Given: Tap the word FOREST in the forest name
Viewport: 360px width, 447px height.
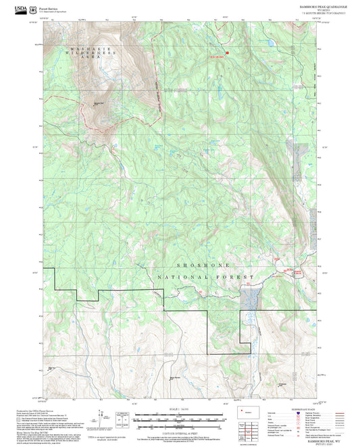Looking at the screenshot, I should pyautogui.click(x=236, y=277).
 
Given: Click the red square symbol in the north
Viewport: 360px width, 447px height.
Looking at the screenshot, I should pyautogui.click(x=228, y=52).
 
